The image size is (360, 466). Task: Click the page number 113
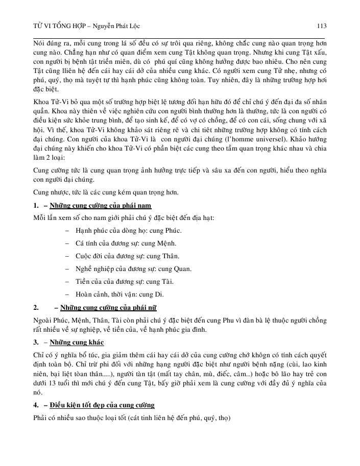[x=321, y=26]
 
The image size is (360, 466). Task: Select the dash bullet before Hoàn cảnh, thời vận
[x=68, y=295]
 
